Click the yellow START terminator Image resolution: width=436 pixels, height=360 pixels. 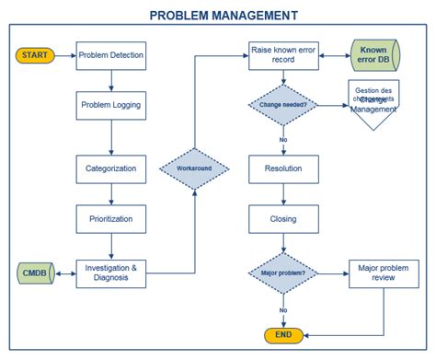click(x=36, y=55)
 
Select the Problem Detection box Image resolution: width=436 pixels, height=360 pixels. click(x=110, y=55)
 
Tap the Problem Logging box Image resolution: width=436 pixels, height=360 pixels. click(x=110, y=106)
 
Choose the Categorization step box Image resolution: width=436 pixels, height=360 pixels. click(x=110, y=169)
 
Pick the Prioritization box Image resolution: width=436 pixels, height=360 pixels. click(x=110, y=219)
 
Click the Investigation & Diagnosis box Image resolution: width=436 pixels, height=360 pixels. click(x=110, y=273)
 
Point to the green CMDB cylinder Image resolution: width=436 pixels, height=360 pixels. click(x=36, y=273)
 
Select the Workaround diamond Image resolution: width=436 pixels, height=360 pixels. click(x=193, y=169)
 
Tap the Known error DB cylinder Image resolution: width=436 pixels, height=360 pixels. click(x=374, y=55)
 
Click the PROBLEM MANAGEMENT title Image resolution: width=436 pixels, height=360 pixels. click(x=223, y=15)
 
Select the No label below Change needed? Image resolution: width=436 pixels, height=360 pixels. click(x=283, y=139)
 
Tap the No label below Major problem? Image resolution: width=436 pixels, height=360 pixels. click(x=283, y=310)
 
